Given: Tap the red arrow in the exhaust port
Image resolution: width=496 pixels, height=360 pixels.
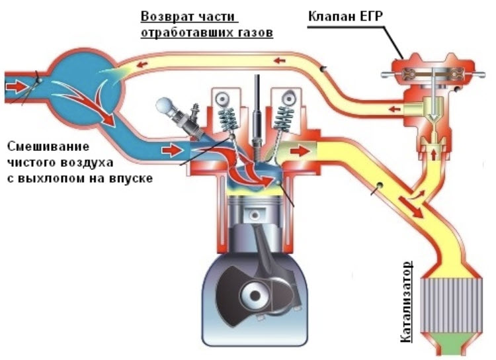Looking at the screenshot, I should click(x=300, y=151).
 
